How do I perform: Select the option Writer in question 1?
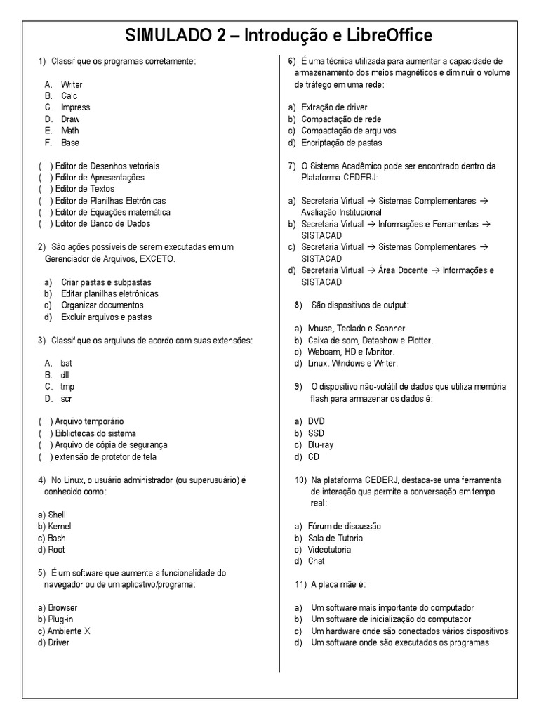pos(72,84)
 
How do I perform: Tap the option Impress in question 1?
pos(75,107)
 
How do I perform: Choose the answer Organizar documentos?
pos(102,305)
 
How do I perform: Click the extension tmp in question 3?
pos(67,387)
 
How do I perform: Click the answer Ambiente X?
pos(69,631)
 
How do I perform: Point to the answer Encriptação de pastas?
pos(341,143)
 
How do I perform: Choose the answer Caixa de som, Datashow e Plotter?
pos(370,340)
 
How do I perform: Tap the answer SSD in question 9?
pos(316,433)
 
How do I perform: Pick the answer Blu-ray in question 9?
pos(320,444)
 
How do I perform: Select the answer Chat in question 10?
pos(316,561)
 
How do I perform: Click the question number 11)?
pos(300,584)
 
